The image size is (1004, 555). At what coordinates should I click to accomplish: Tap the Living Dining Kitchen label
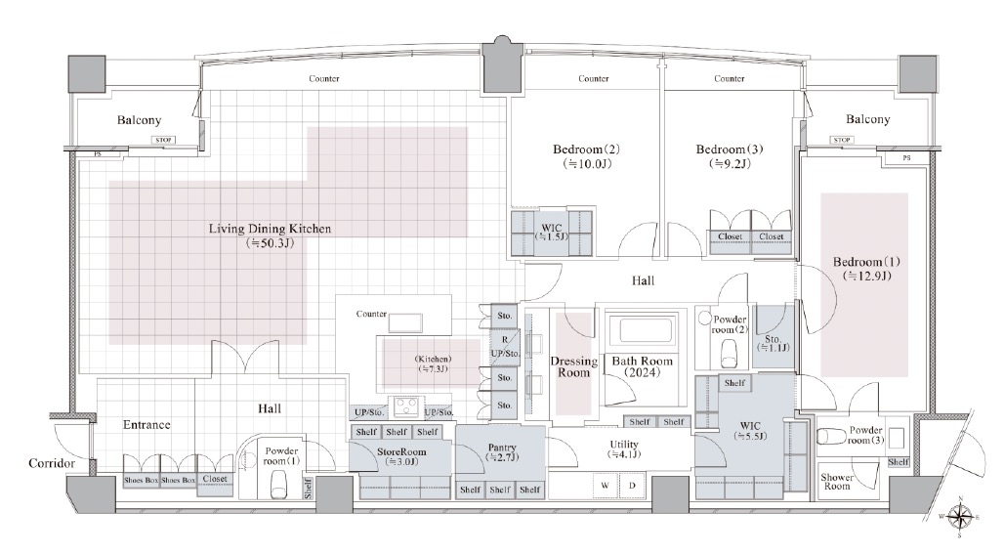coord(270,229)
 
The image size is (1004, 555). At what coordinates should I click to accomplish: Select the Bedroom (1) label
coord(866,262)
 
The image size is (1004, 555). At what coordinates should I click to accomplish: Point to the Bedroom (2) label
coord(587,149)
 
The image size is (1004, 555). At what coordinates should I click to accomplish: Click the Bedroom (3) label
coord(730,149)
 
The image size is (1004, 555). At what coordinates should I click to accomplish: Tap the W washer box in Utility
coord(605,486)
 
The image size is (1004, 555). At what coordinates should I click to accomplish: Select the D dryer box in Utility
coord(632,486)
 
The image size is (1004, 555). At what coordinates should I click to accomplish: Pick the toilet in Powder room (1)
coord(278,485)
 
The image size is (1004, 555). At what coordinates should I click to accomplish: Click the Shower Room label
coord(837,482)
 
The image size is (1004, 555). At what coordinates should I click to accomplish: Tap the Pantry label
coord(502,448)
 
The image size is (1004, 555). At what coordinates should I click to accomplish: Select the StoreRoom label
coord(401,451)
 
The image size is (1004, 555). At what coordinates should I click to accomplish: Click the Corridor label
coord(51,463)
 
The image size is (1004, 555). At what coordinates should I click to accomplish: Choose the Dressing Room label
coord(573,366)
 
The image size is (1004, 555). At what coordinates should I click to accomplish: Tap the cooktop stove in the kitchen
coord(406,406)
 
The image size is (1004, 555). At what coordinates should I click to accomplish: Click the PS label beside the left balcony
coord(98,153)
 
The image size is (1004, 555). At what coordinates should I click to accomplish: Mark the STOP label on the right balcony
coord(841,140)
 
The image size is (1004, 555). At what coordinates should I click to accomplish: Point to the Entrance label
coord(146,425)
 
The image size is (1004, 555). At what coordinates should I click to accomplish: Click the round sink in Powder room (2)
coord(705,318)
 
